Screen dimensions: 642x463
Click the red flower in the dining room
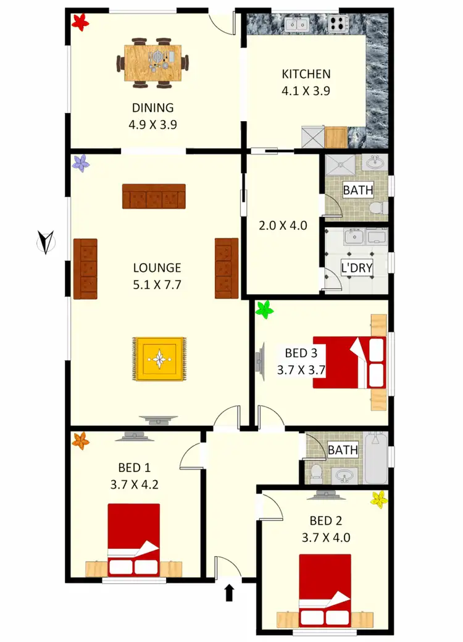click(80, 23)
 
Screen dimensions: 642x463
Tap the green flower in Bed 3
click(265, 309)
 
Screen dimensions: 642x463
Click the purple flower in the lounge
click(81, 163)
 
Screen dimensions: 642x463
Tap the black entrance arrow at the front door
click(229, 593)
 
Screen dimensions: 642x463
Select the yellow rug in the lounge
click(159, 358)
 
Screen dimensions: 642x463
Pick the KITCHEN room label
click(306, 74)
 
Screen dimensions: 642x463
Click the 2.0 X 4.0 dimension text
click(283, 226)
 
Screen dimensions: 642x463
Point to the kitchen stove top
click(338, 25)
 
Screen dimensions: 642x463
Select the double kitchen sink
click(298, 25)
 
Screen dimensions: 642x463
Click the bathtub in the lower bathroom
click(375, 458)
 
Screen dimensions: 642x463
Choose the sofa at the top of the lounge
click(154, 196)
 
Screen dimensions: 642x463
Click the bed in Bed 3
click(350, 362)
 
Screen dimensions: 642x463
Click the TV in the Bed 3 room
click(261, 358)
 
